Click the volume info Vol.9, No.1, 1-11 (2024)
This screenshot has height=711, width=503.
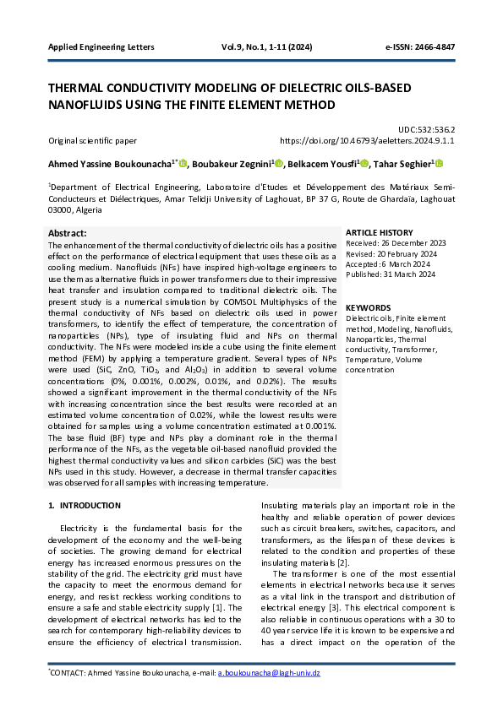[266, 46]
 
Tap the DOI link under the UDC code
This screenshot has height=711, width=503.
[367, 142]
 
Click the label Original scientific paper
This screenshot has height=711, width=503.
[92, 142]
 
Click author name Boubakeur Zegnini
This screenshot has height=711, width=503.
[238, 164]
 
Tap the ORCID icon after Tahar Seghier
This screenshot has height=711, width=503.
[439, 164]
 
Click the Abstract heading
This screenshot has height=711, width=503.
[68, 232]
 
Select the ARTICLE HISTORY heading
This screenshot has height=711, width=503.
[380, 232]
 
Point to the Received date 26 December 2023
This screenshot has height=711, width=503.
[396, 243]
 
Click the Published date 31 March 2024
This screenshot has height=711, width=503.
[391, 274]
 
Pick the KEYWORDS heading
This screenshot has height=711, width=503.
[369, 308]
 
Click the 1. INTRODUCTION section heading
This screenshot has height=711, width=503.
[85, 506]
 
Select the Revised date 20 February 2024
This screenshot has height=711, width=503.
[391, 253]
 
